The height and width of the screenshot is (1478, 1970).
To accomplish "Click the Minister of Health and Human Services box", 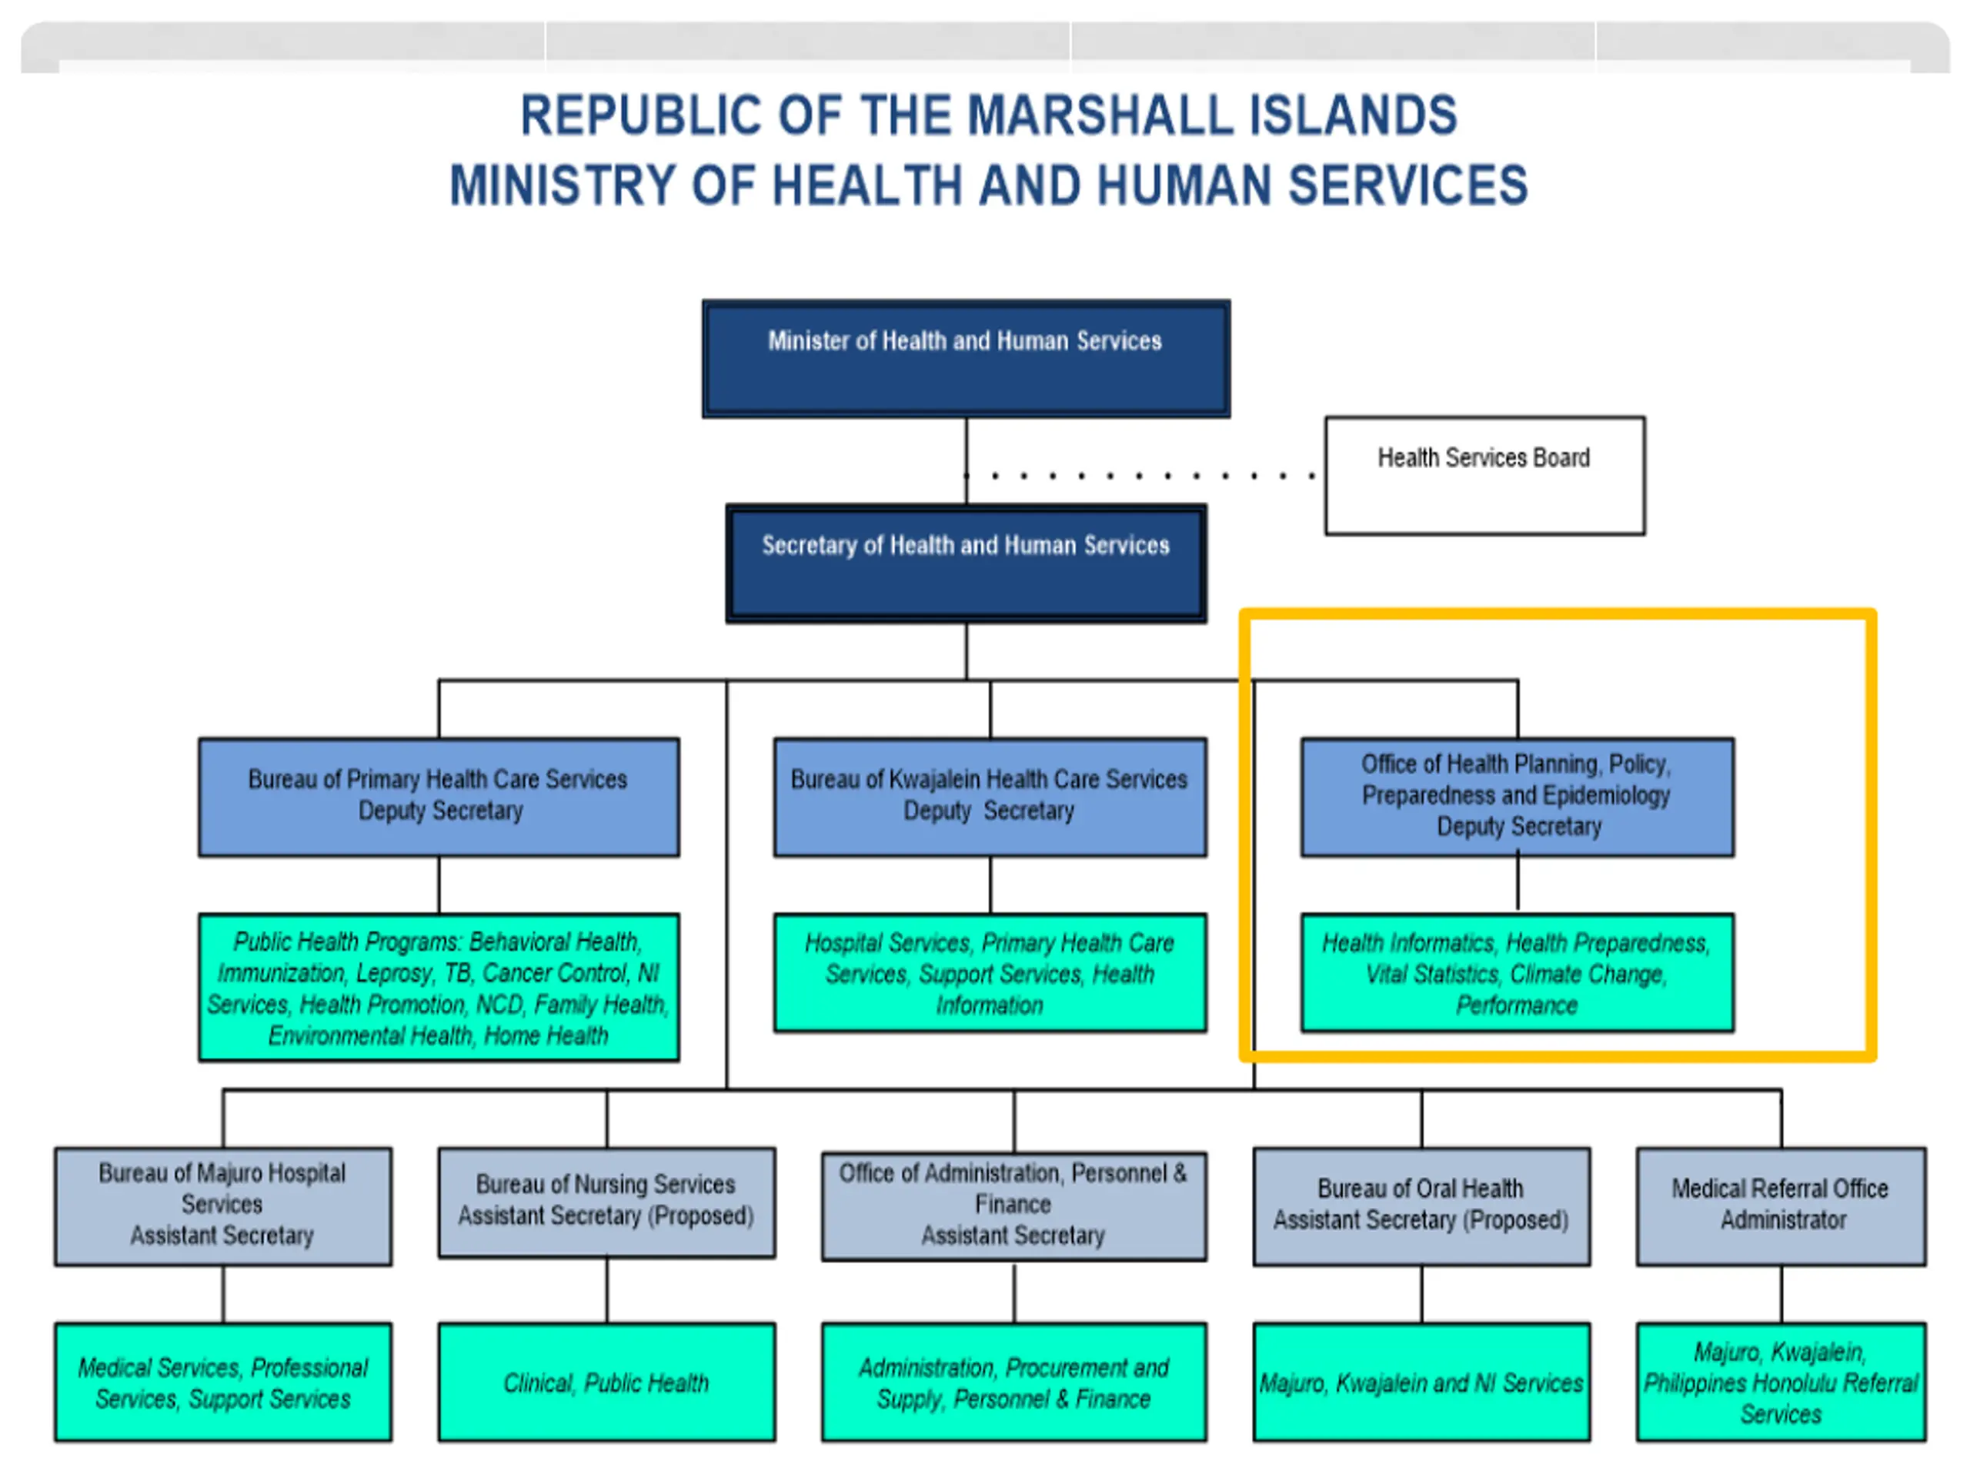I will coord(966,358).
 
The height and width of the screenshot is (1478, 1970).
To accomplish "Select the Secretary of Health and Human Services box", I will coord(966,563).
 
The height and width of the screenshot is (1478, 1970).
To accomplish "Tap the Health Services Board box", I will coord(1484,476).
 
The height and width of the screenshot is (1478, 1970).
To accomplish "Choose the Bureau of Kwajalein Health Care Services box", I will coord(990,797).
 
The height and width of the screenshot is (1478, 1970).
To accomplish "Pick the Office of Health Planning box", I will coord(1517,797).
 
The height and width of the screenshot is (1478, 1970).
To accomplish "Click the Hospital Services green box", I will coord(990,973).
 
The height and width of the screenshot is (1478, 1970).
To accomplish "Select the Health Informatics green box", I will coord(1517,973).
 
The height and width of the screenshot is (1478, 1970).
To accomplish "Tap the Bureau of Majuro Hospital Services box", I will coord(222,1205).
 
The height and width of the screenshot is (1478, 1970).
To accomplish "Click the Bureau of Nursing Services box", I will coord(606,1202).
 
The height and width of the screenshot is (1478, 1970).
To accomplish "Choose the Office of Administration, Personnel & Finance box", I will coord(1013,1205).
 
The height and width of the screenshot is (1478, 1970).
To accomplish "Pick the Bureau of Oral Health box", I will coord(1421,1205).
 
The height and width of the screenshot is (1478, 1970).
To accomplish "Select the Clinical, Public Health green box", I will coord(606,1382).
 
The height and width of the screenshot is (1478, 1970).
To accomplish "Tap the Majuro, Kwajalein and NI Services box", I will coord(1421,1382).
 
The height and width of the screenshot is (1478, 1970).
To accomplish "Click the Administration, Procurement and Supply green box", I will coord(1013,1382).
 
